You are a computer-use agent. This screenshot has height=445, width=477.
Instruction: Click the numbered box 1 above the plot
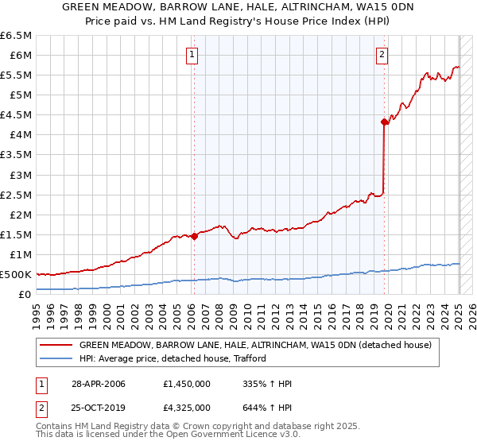[x=193, y=55]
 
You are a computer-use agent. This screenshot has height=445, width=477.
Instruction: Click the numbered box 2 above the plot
[x=382, y=55]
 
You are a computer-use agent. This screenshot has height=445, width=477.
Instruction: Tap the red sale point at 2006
[x=194, y=236]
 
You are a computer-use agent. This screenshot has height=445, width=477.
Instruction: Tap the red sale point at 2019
[x=384, y=122]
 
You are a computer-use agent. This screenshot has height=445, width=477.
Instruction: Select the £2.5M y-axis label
[x=15, y=195]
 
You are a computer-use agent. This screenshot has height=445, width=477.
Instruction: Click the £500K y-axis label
[x=15, y=274]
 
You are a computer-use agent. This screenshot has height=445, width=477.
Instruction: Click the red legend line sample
[x=56, y=346]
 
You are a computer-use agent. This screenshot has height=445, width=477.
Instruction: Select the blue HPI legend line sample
[x=56, y=358]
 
